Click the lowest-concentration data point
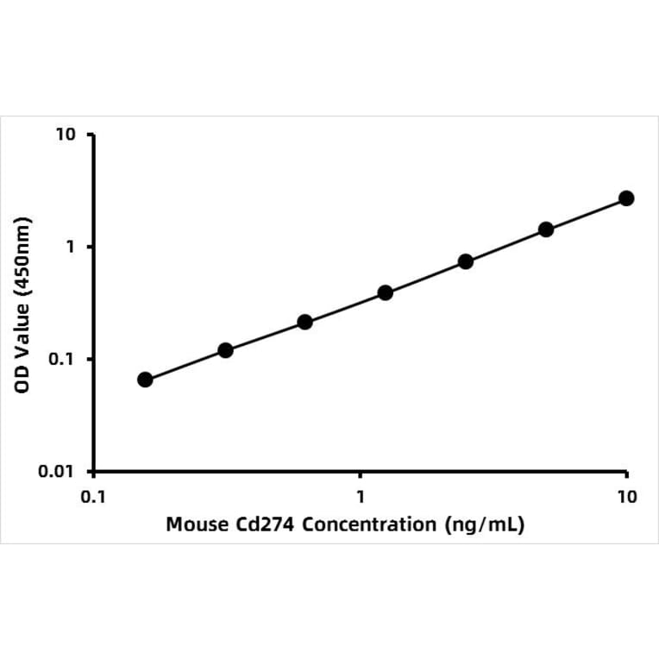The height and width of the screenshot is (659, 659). (145, 380)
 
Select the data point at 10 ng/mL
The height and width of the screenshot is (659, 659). (626, 198)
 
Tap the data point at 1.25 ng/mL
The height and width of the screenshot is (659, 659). (386, 292)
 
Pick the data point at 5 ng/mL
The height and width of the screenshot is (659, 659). (546, 229)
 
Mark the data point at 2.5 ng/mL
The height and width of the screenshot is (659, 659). (466, 261)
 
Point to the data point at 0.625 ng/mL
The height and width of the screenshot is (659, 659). (304, 322)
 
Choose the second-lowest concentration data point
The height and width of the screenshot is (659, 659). (225, 350)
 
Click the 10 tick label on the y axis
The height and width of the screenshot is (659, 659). (66, 135)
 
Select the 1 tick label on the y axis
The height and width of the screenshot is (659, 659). (72, 248)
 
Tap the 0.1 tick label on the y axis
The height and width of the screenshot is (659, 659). (64, 360)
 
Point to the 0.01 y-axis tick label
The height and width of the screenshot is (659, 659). (60, 472)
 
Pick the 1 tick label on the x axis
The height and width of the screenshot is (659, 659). (361, 497)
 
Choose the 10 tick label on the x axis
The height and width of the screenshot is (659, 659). (627, 497)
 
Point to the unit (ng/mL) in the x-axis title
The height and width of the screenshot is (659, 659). (485, 524)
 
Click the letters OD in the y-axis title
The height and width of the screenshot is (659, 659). (24, 380)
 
